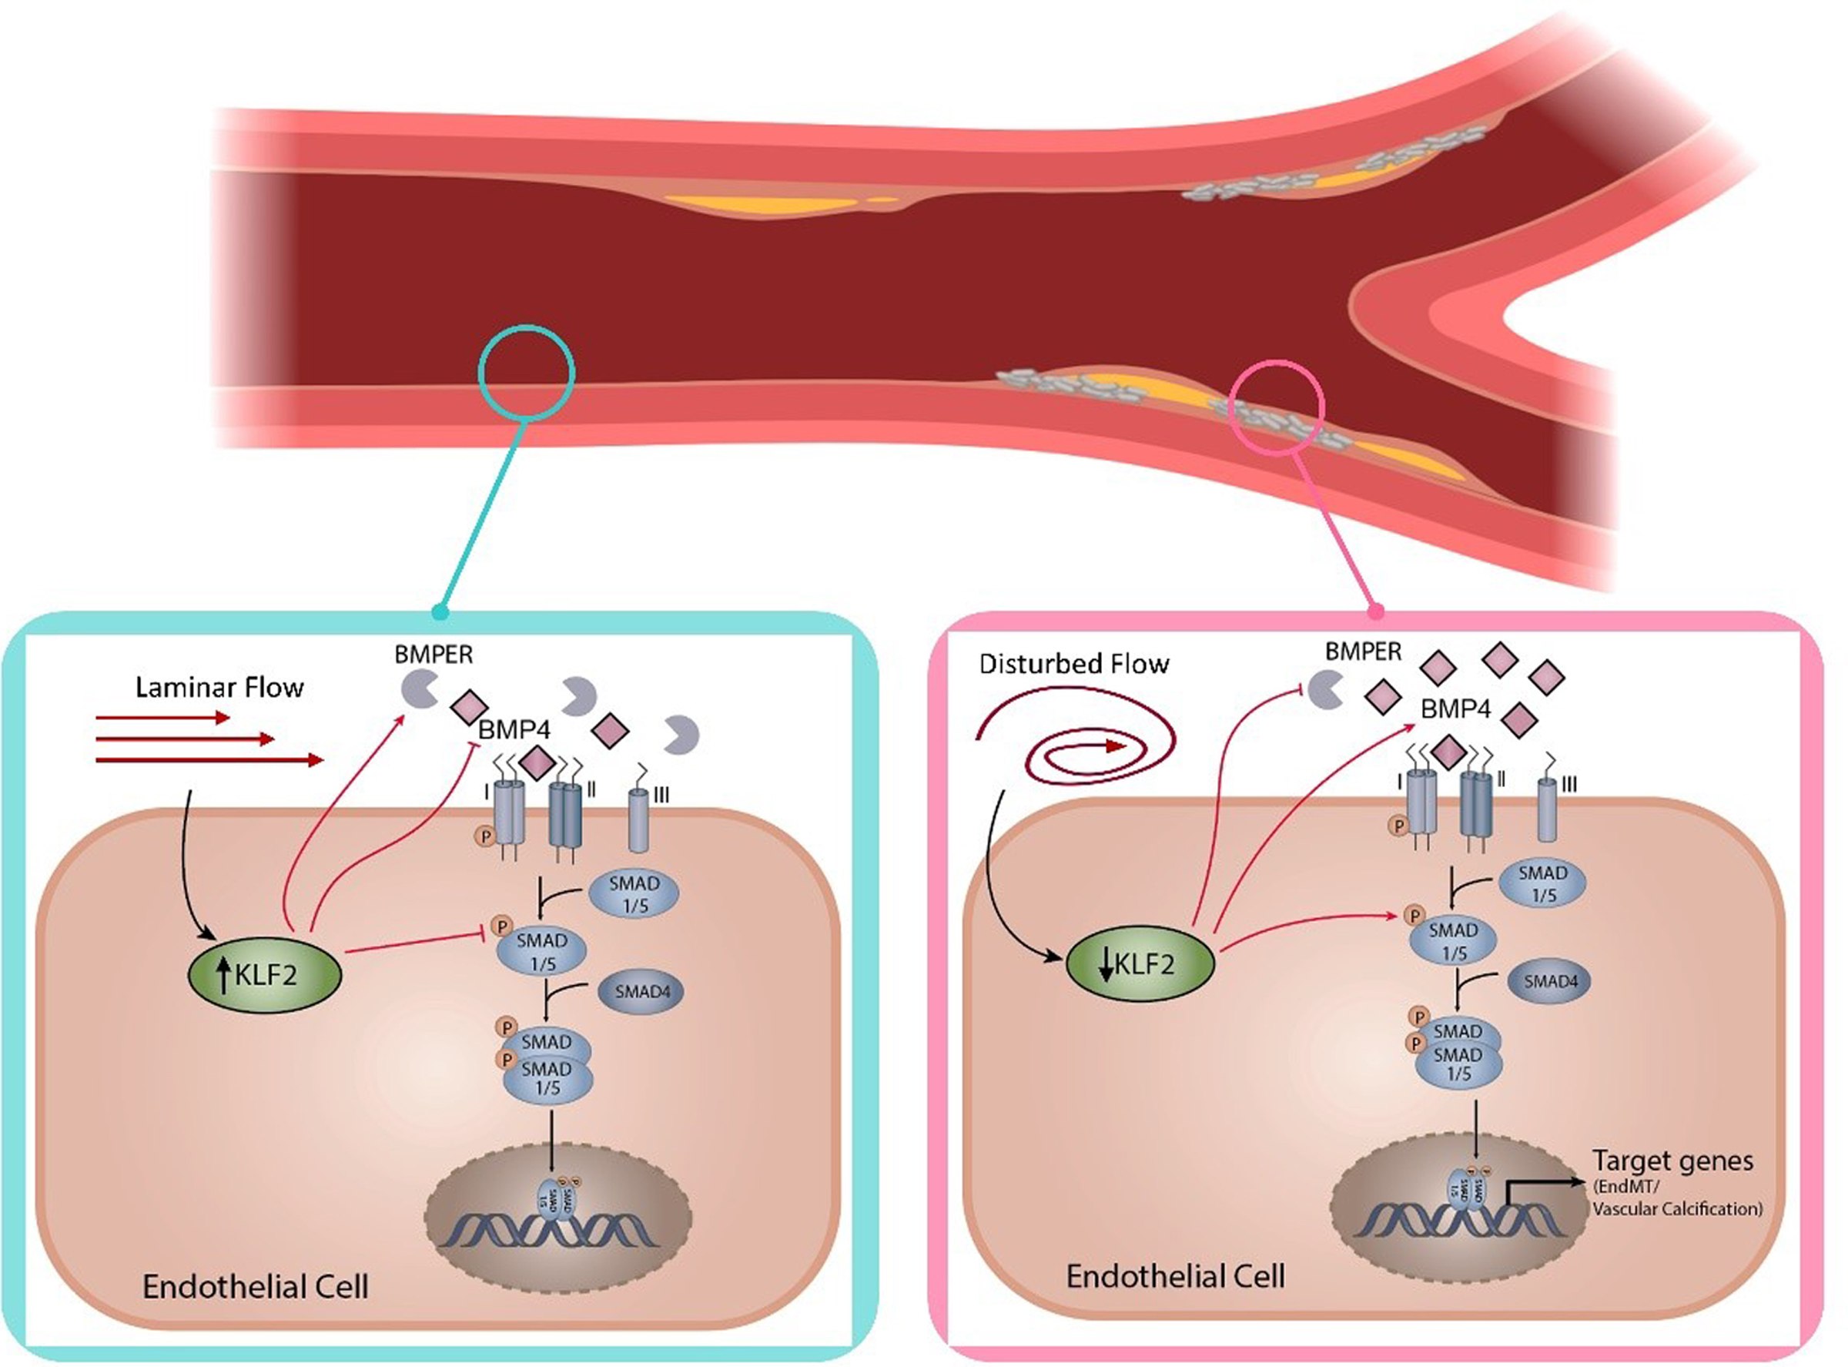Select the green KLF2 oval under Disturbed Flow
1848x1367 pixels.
click(x=1139, y=964)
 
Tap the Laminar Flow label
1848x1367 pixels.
click(x=219, y=688)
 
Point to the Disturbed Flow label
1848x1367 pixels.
click(x=1073, y=664)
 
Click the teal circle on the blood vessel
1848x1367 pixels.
click(x=527, y=373)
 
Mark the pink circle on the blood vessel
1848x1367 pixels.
click(x=1277, y=407)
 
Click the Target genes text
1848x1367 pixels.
click(x=1672, y=1161)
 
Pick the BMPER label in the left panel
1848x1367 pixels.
click(x=434, y=655)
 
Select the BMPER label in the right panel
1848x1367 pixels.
click(x=1362, y=652)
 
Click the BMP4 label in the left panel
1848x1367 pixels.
click(x=514, y=730)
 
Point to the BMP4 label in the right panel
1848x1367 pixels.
click(x=1455, y=709)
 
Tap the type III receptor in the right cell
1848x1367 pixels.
click(x=1546, y=810)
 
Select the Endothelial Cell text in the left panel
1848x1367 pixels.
click(x=255, y=1287)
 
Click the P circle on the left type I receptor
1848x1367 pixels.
click(x=486, y=836)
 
